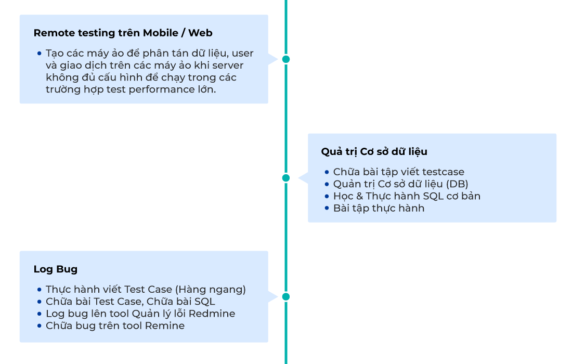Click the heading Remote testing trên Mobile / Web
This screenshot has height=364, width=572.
click(123, 33)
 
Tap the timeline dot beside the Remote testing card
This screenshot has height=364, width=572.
click(285, 59)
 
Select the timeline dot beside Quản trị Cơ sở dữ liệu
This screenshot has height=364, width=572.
click(285, 178)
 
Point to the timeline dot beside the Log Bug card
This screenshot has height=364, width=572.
click(285, 296)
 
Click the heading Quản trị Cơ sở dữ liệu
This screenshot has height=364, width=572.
click(374, 151)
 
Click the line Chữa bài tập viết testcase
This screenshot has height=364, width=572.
click(398, 172)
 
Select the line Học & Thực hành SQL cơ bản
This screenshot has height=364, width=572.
click(407, 196)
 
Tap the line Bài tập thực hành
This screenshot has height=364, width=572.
click(379, 208)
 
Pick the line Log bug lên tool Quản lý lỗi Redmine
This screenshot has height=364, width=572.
click(140, 314)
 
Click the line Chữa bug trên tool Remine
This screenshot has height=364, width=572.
click(115, 326)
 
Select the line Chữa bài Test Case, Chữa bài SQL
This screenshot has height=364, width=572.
click(130, 302)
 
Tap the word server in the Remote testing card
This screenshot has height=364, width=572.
click(227, 66)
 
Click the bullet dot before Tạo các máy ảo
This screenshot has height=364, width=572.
click(40, 54)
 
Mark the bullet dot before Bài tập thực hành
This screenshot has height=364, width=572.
click(327, 208)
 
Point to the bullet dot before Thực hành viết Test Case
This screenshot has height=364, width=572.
click(40, 290)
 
